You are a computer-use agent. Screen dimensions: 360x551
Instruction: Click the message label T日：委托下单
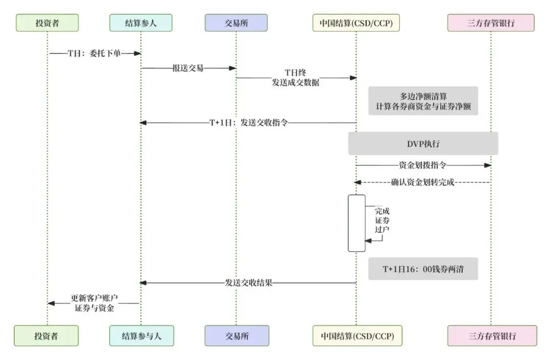(94, 53)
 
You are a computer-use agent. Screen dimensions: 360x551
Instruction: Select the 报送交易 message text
(188, 68)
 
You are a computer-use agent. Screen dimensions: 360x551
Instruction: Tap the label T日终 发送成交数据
(295, 78)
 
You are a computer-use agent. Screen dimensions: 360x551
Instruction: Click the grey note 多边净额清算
(423, 101)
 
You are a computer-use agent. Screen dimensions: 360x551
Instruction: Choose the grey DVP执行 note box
(423, 143)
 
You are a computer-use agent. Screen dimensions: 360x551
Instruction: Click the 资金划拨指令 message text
(423, 165)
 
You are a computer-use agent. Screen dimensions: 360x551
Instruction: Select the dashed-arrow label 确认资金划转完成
(423, 182)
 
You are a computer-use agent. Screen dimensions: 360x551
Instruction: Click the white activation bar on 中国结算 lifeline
(357, 223)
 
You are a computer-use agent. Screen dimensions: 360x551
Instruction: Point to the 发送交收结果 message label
(248, 282)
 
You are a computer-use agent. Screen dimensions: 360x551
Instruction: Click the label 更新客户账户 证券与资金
(92, 303)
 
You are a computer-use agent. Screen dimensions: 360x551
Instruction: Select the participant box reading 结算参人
(141, 22)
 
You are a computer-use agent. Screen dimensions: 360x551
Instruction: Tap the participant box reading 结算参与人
(141, 336)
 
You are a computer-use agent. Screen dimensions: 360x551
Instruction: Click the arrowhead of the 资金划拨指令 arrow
(488, 165)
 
